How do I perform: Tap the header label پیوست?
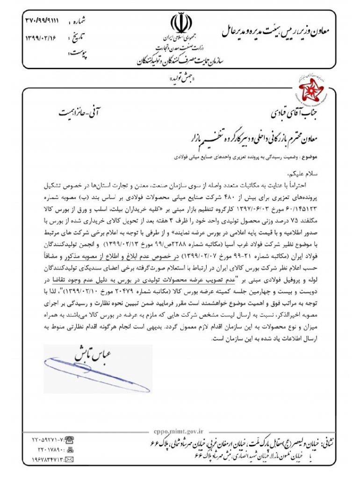click(78, 54)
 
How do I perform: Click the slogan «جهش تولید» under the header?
click(180, 80)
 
